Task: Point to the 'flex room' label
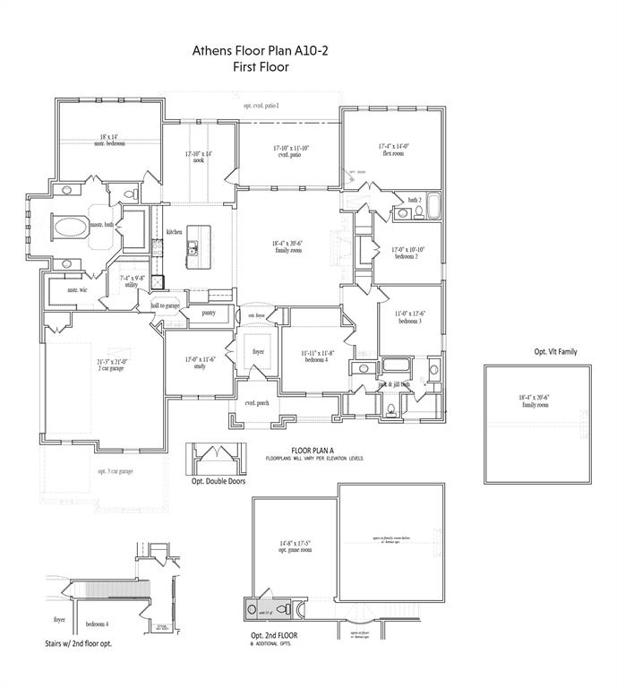(x=393, y=149)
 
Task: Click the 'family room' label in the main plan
(x=288, y=247)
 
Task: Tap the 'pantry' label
(x=208, y=313)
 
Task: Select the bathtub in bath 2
(x=434, y=207)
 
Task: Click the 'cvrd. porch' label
(x=257, y=403)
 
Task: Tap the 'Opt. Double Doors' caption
(x=218, y=481)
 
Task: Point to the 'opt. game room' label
(x=295, y=546)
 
